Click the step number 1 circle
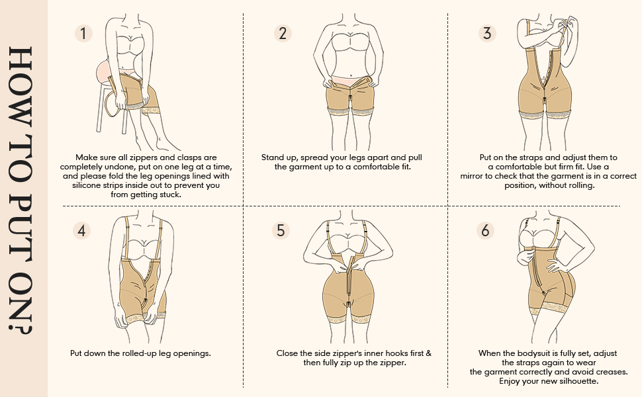coord(83,33)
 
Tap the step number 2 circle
coord(283,33)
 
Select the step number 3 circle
coord(488,33)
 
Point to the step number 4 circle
coord(83,230)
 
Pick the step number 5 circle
coord(281,230)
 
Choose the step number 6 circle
coord(486,230)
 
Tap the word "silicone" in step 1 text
coord(88,186)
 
